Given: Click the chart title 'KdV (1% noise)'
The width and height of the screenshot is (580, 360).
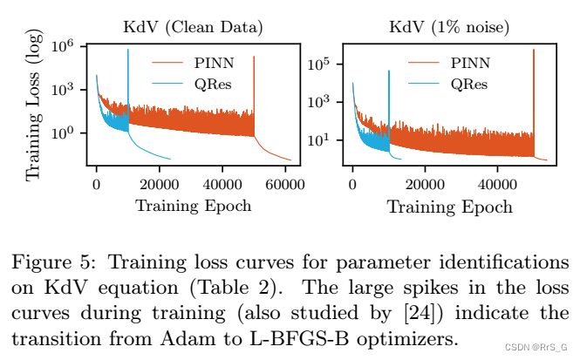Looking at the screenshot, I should click(448, 27).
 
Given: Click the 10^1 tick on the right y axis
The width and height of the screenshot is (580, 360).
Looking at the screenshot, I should click(325, 139).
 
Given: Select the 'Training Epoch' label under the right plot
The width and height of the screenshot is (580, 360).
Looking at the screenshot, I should click(449, 207).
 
